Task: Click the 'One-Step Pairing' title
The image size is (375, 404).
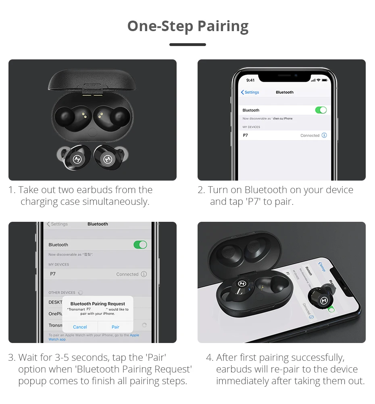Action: pos(187,26)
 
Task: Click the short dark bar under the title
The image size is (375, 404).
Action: pos(187,44)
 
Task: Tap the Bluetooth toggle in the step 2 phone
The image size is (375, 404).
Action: pos(321,110)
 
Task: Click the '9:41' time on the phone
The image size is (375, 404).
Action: pos(250,80)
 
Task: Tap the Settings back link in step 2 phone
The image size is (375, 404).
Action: pos(250,92)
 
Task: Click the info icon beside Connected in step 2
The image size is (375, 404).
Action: pos(324,135)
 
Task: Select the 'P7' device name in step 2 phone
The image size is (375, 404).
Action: pos(246,135)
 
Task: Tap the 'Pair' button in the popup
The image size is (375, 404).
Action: pos(115,327)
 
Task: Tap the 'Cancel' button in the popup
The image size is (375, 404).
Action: pos(80,327)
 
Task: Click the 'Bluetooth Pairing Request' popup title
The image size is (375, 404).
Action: pos(98,304)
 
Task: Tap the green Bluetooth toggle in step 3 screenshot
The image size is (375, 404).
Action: pos(140,244)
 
